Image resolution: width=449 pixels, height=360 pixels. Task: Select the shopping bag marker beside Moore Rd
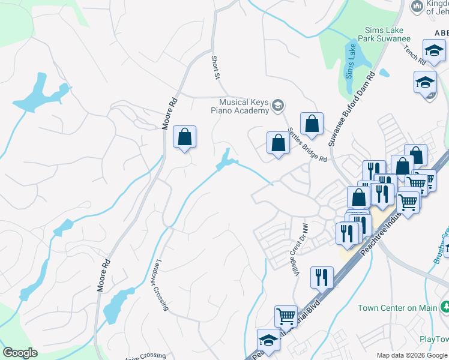pyautogui.click(x=185, y=137)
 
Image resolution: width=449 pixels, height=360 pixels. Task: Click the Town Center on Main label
pyautogui.click(x=406, y=308)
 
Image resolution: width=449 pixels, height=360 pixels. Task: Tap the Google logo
pyautogui.click(x=20, y=353)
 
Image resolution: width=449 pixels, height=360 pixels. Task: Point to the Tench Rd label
pyautogui.click(x=414, y=55)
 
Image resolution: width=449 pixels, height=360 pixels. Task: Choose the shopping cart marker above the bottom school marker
pyautogui.click(x=286, y=316)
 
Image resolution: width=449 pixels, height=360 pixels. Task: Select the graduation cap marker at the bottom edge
pyautogui.click(x=268, y=340)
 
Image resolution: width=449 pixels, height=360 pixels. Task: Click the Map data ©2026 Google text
pyautogui.click(x=412, y=355)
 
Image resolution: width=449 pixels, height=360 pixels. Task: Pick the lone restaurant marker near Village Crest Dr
pyautogui.click(x=322, y=277)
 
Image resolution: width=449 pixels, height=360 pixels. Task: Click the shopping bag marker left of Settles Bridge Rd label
pyautogui.click(x=277, y=143)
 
